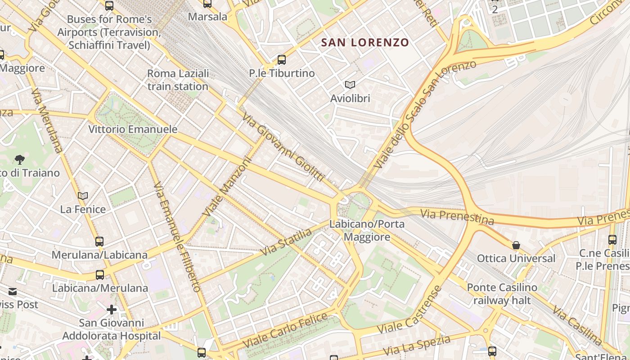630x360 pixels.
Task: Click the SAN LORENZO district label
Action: click(365, 43)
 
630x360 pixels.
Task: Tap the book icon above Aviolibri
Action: click(350, 85)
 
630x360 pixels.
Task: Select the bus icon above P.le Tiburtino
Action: click(282, 59)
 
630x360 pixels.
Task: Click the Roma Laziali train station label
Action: click(178, 80)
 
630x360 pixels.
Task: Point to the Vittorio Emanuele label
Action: click(133, 129)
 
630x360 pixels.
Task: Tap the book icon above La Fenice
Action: click(83, 196)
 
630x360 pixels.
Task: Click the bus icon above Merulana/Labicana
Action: click(99, 242)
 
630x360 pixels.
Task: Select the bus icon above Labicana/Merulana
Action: click(100, 274)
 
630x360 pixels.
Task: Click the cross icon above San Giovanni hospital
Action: click(112, 310)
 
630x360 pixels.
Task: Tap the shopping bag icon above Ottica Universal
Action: click(516, 245)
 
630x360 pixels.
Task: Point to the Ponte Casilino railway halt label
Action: click(502, 293)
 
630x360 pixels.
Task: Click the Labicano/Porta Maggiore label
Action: click(367, 230)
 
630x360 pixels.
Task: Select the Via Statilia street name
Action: click(286, 242)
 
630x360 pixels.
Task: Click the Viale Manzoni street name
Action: click(226, 185)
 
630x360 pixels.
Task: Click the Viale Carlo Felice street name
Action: click(285, 330)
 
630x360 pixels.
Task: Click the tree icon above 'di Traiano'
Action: click(19, 159)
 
